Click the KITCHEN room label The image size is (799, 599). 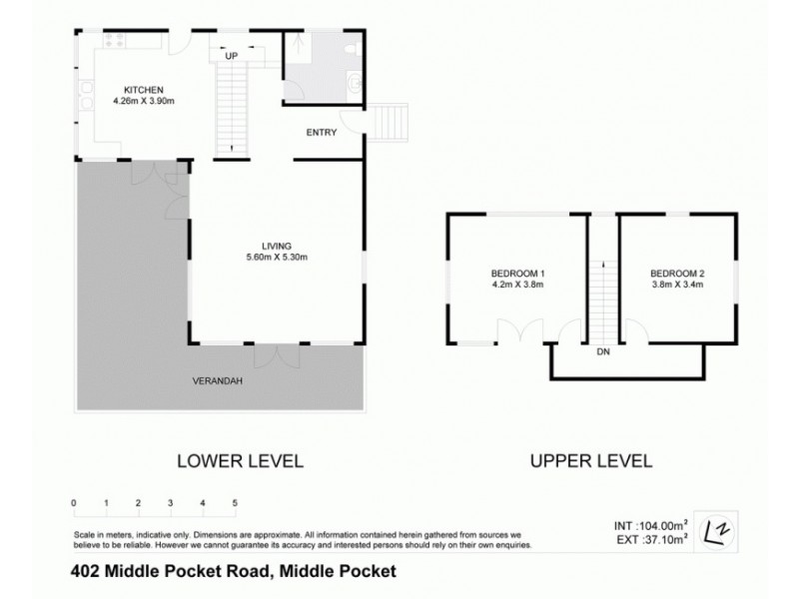click(143, 89)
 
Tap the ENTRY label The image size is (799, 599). click(322, 132)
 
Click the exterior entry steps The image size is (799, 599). click(392, 125)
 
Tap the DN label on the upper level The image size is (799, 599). click(602, 352)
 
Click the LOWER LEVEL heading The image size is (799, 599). click(239, 461)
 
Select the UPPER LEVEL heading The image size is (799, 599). click(590, 461)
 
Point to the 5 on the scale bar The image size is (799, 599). click(235, 502)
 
